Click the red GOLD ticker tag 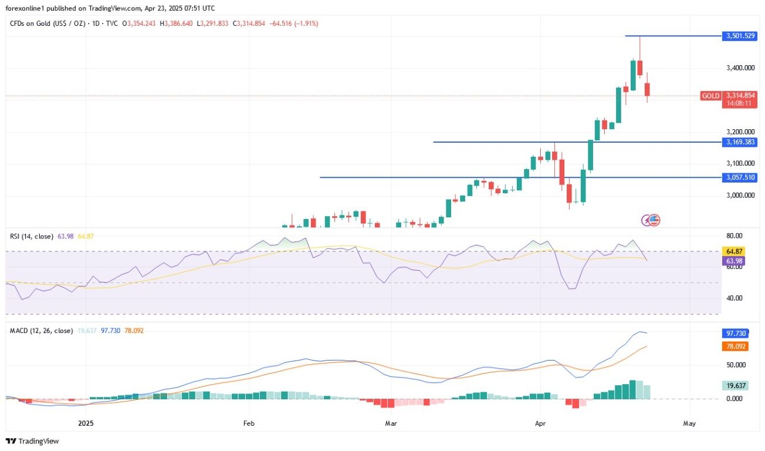(x=710, y=95)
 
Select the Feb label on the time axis (x=249, y=423)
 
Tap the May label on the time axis (x=690, y=423)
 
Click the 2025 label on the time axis (x=86, y=423)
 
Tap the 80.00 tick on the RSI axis (x=733, y=235)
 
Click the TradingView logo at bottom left (x=33, y=441)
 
